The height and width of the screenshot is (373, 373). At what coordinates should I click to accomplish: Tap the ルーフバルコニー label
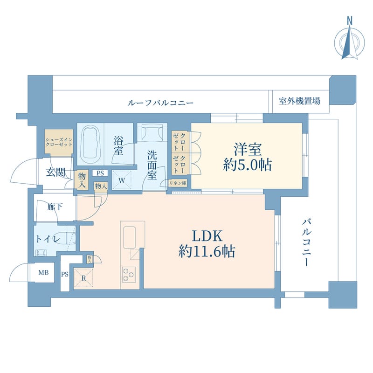click(160, 103)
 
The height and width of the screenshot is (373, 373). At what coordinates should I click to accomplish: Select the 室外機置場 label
click(299, 101)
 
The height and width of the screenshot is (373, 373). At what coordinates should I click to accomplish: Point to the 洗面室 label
click(152, 165)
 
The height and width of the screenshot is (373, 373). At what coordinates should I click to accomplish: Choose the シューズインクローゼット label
click(59, 140)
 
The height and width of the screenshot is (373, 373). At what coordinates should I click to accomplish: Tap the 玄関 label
click(55, 172)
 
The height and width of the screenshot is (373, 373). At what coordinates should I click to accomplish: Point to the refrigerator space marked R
click(83, 279)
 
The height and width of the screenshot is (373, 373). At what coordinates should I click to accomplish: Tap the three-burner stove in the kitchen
click(128, 274)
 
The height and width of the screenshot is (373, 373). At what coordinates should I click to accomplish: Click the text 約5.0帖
click(248, 165)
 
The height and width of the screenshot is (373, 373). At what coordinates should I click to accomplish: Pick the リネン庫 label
click(178, 183)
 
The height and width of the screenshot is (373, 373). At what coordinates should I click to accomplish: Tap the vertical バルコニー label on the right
click(307, 242)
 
